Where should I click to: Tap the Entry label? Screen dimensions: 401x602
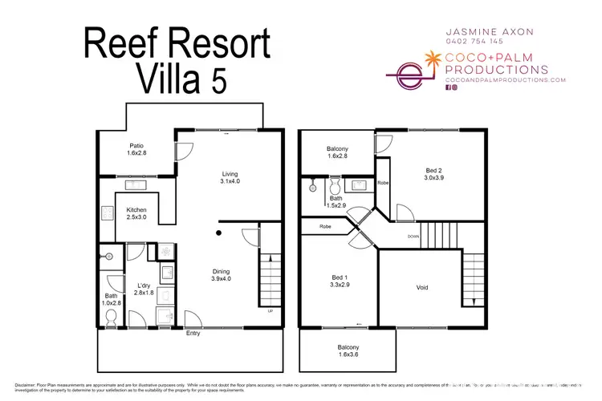pyautogui.click(x=193, y=333)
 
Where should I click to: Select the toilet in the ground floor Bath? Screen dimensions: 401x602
pyautogui.click(x=111, y=318)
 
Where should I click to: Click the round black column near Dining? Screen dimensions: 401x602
pyautogui.click(x=218, y=233)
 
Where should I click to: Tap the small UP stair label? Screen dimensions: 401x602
pyautogui.click(x=270, y=311)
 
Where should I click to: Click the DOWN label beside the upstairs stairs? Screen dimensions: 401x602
pyautogui.click(x=413, y=236)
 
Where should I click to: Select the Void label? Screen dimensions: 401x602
pyautogui.click(x=422, y=287)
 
